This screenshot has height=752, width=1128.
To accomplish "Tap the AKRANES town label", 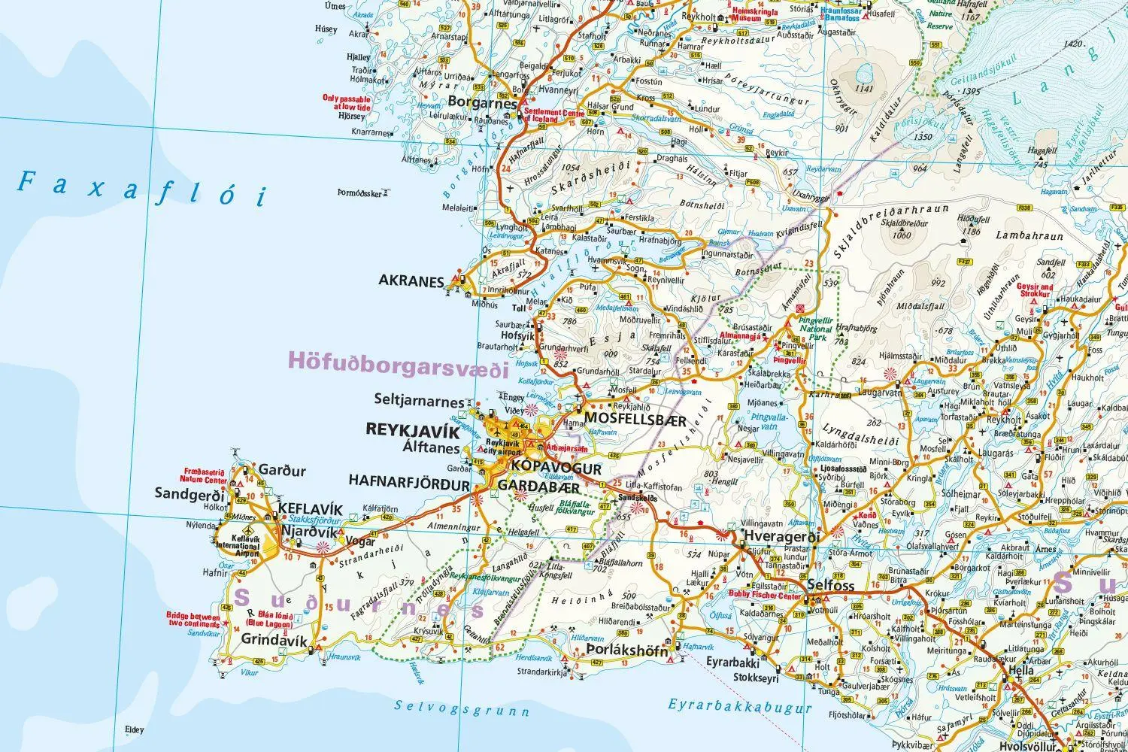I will (x=411, y=281).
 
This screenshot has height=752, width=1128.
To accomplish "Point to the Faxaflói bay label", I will (x=143, y=188).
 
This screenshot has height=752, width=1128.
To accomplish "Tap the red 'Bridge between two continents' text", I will (x=193, y=619).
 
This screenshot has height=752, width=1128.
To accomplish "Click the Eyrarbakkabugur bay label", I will (x=740, y=706).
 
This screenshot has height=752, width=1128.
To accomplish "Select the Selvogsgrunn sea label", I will (x=462, y=708).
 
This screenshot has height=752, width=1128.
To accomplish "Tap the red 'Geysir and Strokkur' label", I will (x=1034, y=290).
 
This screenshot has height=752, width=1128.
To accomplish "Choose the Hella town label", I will (x=1022, y=670).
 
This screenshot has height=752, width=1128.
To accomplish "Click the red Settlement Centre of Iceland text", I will (x=554, y=117).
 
